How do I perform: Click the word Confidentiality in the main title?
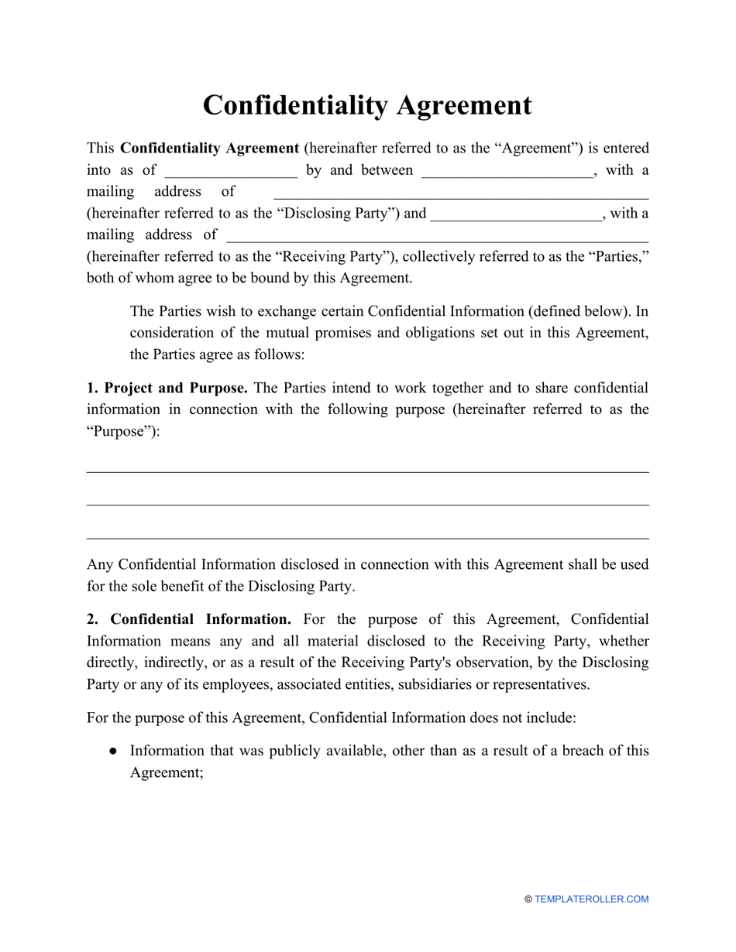pos(296,106)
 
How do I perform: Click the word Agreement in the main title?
pos(464,106)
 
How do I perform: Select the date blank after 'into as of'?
pos(231,171)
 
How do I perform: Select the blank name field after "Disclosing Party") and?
pos(516,214)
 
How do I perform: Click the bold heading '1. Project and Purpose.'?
pos(167,388)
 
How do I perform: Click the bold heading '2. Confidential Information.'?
pos(189,619)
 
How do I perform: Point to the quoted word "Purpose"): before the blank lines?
pos(123,432)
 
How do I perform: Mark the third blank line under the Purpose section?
pos(367,536)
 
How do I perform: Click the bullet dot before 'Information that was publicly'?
pos(113,751)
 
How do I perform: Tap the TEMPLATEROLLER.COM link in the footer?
pos(591,899)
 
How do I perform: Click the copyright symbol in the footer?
pos(528,899)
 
